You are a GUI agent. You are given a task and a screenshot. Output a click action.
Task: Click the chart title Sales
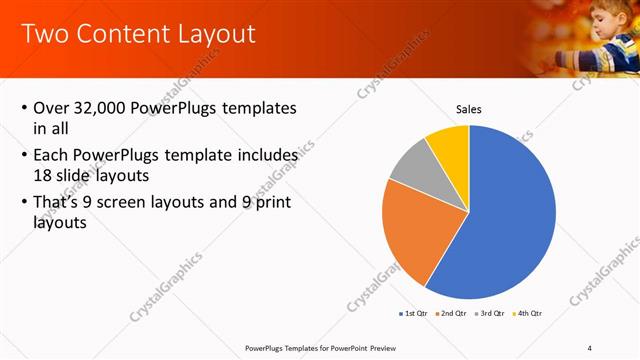pos(469,108)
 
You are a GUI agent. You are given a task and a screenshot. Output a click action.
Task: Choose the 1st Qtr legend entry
pos(413,314)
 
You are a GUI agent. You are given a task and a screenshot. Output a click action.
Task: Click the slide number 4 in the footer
pos(590,348)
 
